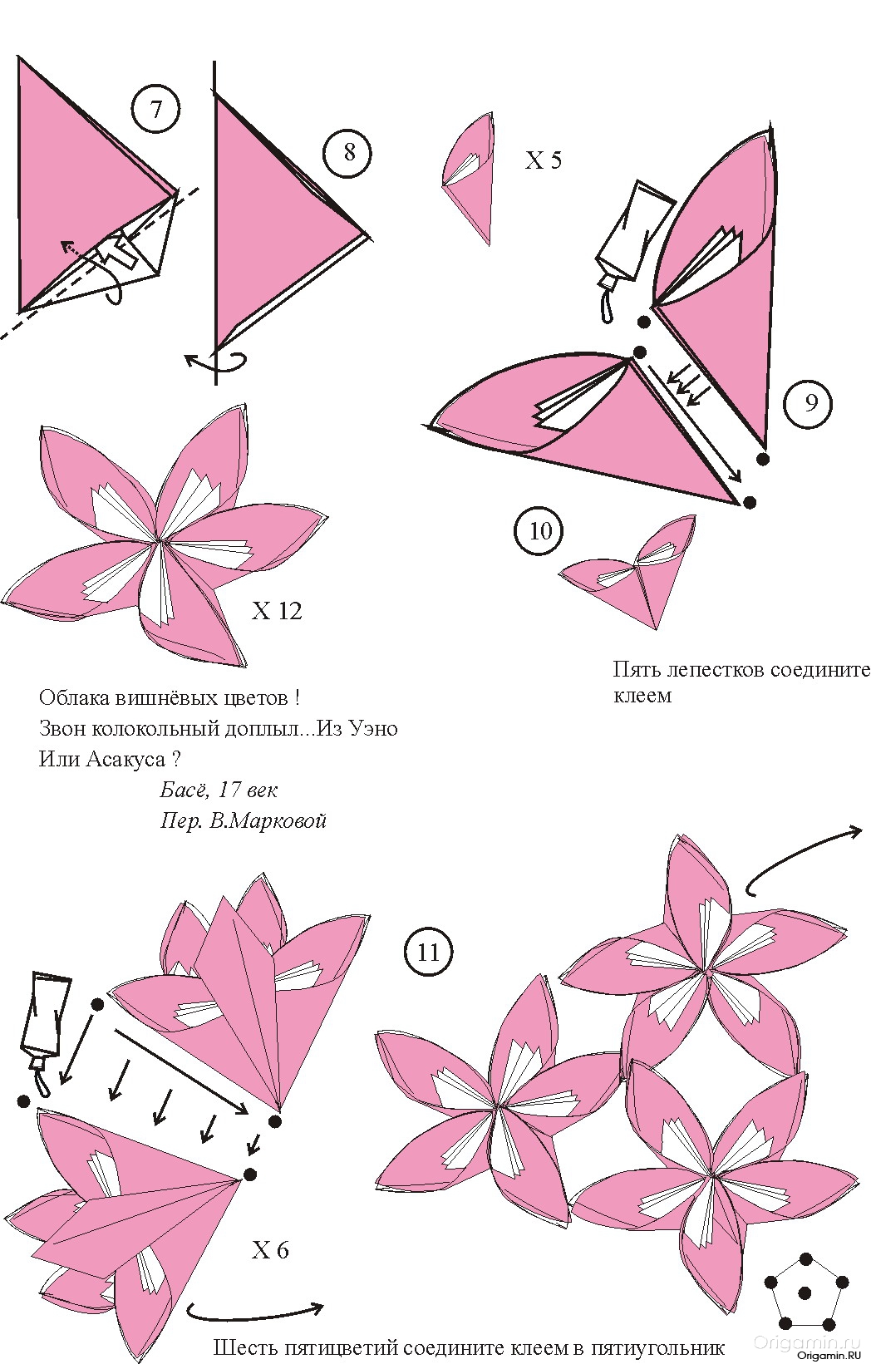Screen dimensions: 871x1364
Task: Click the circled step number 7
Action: tap(155, 110)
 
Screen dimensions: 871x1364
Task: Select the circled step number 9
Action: tap(809, 402)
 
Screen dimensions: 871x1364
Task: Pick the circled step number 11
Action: tap(429, 952)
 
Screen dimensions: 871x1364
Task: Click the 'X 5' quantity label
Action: tap(544, 160)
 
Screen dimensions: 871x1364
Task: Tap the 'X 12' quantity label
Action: tap(277, 611)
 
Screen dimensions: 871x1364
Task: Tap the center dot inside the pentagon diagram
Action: tap(805, 1292)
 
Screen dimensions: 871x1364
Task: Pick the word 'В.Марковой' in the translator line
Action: tap(268, 821)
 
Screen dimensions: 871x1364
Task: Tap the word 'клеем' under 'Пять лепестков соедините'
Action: tap(642, 696)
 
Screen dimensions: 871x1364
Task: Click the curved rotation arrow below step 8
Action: tap(216, 361)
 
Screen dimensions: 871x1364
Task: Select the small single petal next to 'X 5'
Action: tap(469, 179)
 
